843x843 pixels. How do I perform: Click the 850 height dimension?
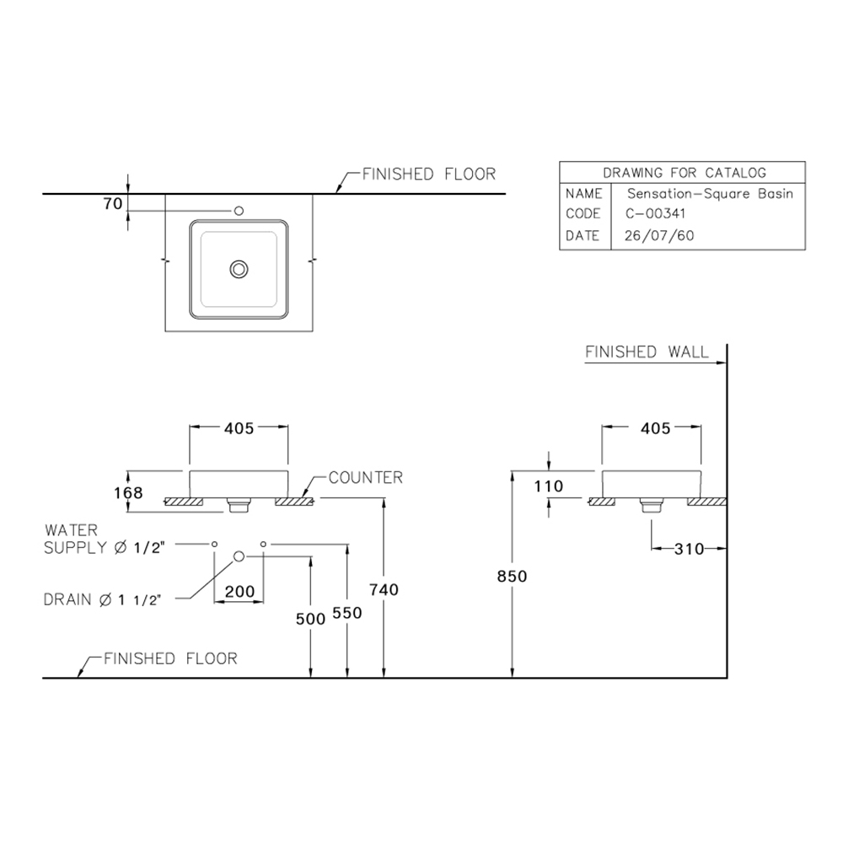pyautogui.click(x=512, y=577)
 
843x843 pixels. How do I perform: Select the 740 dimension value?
pyautogui.click(x=384, y=590)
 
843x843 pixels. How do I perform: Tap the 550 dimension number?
pyautogui.click(x=346, y=613)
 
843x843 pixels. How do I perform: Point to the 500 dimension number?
pyautogui.click(x=310, y=619)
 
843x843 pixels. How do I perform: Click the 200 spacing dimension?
pyautogui.click(x=240, y=592)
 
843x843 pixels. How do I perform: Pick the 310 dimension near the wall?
pyautogui.click(x=689, y=549)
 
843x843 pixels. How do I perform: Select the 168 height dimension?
pyautogui.click(x=129, y=492)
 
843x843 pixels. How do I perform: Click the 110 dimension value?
pyautogui.click(x=548, y=486)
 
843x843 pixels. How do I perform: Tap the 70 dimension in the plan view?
pyautogui.click(x=114, y=203)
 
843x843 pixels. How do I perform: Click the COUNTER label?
pyautogui.click(x=365, y=478)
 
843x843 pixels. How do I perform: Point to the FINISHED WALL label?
pyautogui.click(x=647, y=352)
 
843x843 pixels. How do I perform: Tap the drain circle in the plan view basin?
pyautogui.click(x=239, y=269)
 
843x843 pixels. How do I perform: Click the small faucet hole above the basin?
pyautogui.click(x=239, y=210)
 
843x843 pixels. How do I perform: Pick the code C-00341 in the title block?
pyautogui.click(x=656, y=214)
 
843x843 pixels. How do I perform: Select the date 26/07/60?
pyautogui.click(x=659, y=236)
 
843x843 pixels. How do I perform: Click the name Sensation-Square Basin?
pyautogui.click(x=709, y=193)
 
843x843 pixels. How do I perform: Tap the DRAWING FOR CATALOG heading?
pyautogui.click(x=683, y=173)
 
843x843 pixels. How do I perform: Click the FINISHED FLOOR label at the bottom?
pyautogui.click(x=170, y=658)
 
